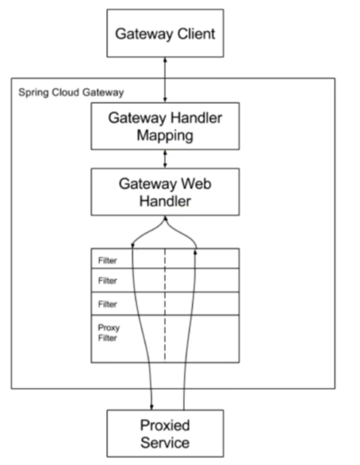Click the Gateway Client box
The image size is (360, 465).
(165, 33)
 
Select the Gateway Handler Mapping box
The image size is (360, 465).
(165, 126)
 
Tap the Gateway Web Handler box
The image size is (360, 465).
(165, 192)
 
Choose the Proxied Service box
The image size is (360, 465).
(165, 433)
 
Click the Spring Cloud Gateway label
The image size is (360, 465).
(71, 93)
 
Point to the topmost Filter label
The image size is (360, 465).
(107, 261)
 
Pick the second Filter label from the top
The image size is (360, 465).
(107, 281)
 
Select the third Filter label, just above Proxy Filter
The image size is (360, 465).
(107, 304)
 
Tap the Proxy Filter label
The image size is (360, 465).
(109, 332)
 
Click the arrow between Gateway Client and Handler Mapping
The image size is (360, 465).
(165, 80)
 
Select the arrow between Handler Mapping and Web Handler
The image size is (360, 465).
(165, 159)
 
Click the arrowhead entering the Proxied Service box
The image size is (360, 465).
(151, 406)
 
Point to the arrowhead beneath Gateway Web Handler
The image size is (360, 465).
(166, 218)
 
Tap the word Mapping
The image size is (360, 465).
(165, 136)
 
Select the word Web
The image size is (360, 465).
(196, 183)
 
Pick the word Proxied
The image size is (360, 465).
(165, 425)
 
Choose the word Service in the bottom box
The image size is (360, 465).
(165, 443)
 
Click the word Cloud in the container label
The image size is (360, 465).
(67, 92)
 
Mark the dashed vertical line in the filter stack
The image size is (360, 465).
(165, 306)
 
